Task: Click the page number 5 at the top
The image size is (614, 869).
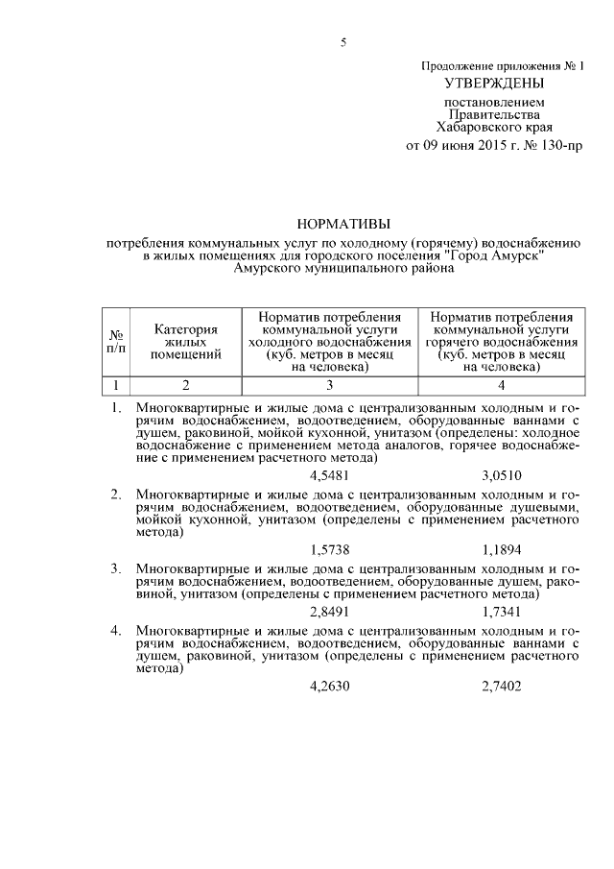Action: [x=342, y=42]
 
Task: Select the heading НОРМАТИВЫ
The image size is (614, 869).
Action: [x=343, y=224]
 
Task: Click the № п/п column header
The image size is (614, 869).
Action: [x=116, y=341]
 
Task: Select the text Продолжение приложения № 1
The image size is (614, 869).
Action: [x=503, y=65]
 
